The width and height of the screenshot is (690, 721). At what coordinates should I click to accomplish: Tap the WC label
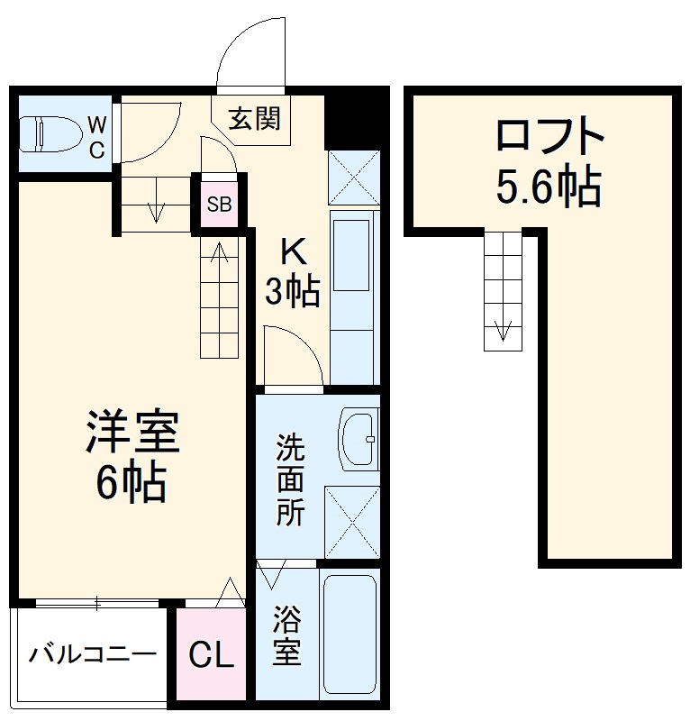click(97, 136)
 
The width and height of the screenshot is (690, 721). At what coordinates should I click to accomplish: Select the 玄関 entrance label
click(253, 118)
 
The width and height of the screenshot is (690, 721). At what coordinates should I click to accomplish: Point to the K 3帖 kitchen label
click(291, 271)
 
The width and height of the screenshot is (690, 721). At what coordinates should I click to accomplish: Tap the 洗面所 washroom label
click(289, 479)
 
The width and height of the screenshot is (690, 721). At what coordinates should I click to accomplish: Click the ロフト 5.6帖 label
click(549, 162)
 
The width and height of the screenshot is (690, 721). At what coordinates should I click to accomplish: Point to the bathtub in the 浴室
click(348, 634)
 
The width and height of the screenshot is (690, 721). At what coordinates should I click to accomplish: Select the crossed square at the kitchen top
click(352, 177)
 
